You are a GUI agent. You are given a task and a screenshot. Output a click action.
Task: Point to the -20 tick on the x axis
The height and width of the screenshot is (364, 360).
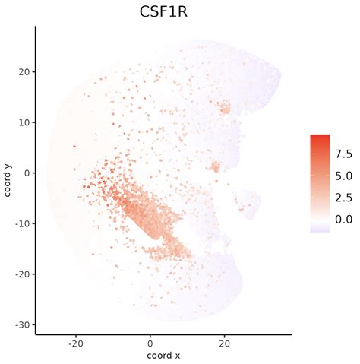pos(75,343)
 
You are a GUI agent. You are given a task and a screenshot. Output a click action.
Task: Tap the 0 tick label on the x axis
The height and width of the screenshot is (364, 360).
pos(150,343)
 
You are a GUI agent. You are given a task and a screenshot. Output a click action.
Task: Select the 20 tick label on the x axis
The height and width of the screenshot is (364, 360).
pos(224,343)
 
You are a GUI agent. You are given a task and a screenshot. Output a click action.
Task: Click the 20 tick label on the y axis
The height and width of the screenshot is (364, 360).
pos(24,71)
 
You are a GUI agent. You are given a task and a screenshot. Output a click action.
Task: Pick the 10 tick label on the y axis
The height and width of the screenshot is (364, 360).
pos(24,122)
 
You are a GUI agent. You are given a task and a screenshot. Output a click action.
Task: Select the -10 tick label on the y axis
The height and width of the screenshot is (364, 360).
pos(22,223)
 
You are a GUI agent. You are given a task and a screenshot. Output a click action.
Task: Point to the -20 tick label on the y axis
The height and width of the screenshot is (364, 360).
pos(22,274)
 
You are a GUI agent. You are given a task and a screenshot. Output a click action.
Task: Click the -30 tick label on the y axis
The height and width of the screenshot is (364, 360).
pos(22,324)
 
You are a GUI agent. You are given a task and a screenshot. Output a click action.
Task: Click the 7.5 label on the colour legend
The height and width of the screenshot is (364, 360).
pos(343,154)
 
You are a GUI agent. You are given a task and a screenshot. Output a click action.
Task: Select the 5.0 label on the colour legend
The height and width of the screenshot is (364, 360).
pos(343,176)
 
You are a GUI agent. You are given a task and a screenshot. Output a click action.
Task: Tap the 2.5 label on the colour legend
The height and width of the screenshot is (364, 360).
pos(343,198)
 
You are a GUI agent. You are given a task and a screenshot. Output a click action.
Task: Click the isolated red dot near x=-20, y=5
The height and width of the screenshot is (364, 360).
pos(74,147)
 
